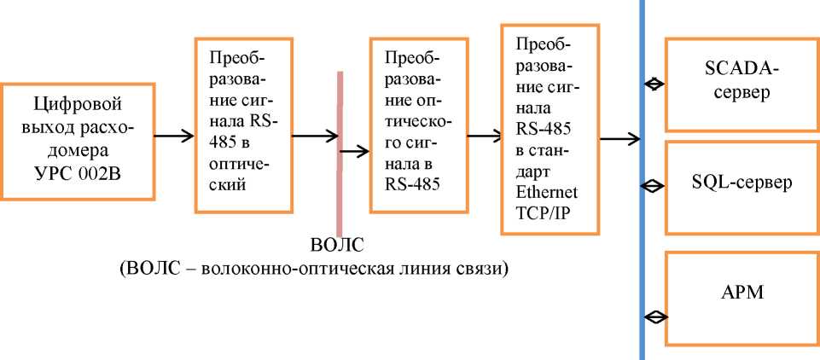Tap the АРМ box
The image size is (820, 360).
point(739,296)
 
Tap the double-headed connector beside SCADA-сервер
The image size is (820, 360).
point(654,84)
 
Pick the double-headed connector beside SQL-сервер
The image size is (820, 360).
point(654,183)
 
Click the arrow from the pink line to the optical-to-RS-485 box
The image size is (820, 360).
point(355,151)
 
